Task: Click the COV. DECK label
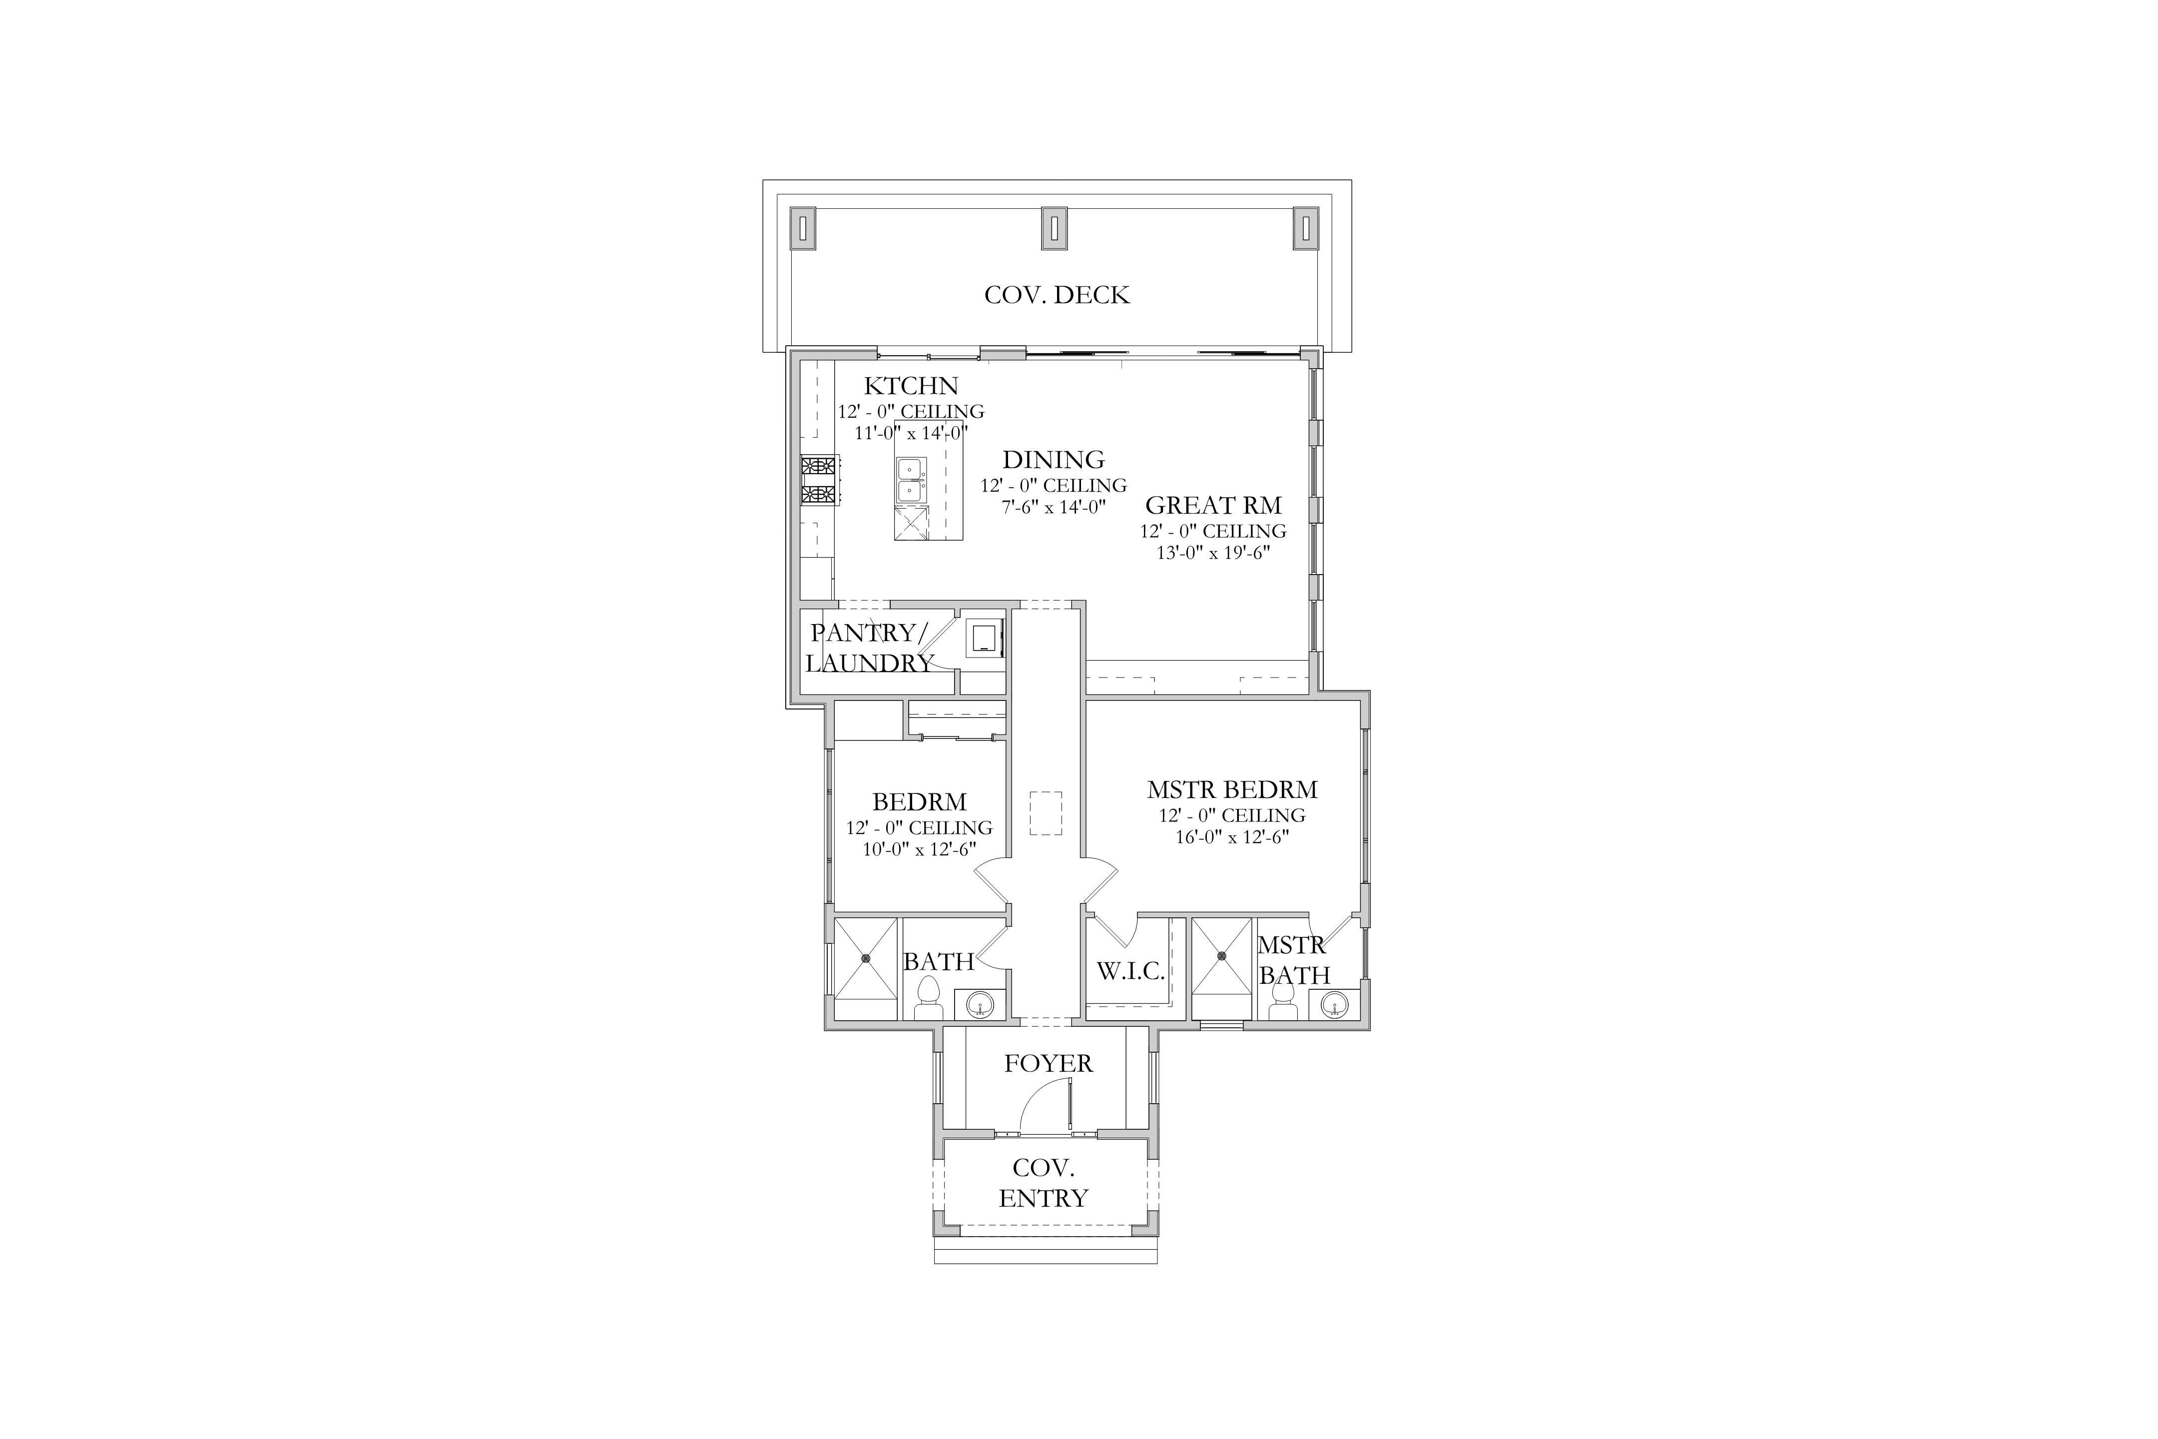(x=1057, y=295)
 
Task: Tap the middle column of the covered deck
(x=1054, y=228)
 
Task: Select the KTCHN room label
(x=911, y=386)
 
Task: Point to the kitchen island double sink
(x=911, y=481)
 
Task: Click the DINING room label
(x=1054, y=460)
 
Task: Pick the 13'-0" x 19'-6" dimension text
(x=1213, y=554)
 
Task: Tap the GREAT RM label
(x=1213, y=506)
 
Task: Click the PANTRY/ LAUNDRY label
(x=869, y=648)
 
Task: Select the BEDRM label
(x=919, y=802)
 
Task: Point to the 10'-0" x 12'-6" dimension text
(x=919, y=850)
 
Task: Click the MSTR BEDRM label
(x=1232, y=790)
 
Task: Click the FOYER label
(x=1049, y=1064)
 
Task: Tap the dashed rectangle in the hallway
(x=1046, y=813)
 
